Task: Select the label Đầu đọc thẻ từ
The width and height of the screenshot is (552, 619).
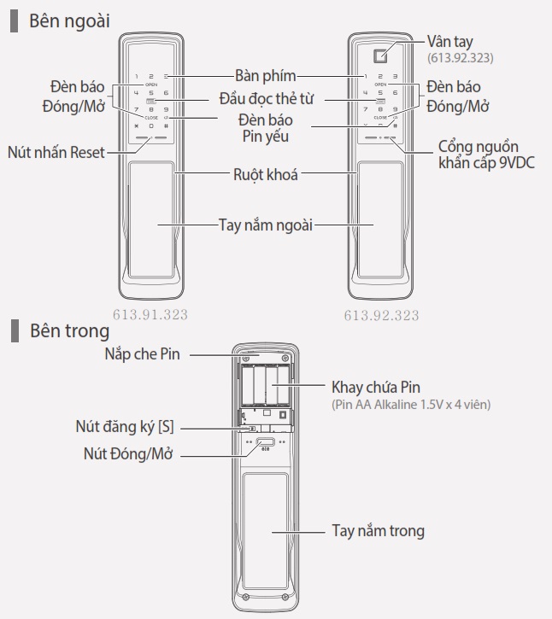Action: [x=266, y=99]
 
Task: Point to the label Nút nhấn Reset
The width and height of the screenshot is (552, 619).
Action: [x=56, y=152]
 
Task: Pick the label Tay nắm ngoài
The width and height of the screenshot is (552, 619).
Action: [x=266, y=225]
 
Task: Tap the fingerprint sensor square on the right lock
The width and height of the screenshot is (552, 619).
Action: [x=381, y=52]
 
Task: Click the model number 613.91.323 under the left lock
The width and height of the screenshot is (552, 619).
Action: [x=150, y=314]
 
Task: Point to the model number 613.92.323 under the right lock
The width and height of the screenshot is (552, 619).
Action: [x=381, y=315]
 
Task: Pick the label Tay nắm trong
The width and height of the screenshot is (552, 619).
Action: [x=377, y=531]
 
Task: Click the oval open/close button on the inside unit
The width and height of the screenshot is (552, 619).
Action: [x=266, y=444]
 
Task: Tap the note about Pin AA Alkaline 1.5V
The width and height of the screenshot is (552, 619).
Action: [x=411, y=404]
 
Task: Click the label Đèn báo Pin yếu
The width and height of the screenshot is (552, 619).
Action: [x=266, y=127]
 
